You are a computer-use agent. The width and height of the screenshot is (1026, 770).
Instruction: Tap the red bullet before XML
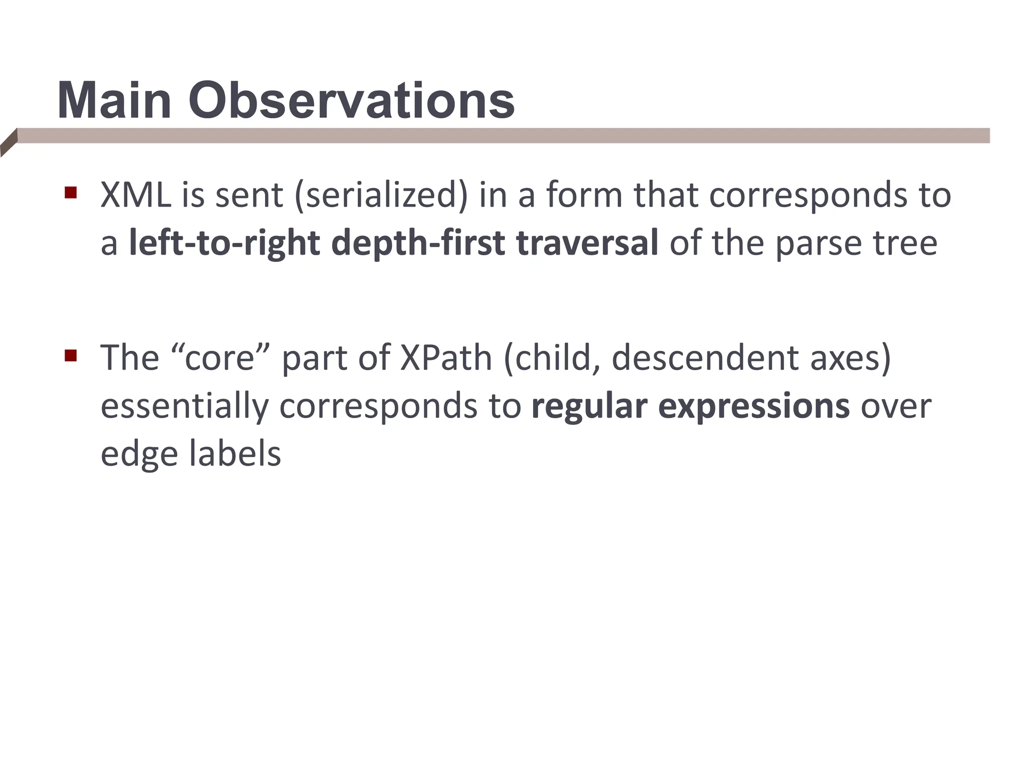pos(71,192)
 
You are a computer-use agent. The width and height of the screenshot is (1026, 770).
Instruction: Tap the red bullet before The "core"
pos(71,356)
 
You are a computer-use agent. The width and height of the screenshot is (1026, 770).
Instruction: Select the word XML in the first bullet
pos(136,195)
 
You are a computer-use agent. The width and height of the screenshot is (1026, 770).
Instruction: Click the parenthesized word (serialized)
pos(381,196)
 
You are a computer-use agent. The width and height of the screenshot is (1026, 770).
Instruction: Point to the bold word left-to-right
pos(224,243)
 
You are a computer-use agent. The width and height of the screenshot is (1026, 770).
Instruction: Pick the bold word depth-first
pos(418,243)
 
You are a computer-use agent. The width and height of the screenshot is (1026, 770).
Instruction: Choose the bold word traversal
pos(587,243)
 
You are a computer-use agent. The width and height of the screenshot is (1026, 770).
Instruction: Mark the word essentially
pos(185,406)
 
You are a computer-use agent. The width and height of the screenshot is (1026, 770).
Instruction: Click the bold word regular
pos(589,406)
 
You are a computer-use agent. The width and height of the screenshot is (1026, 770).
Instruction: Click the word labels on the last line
pos(235,454)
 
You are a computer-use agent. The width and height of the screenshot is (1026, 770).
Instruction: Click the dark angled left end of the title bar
pos(9,143)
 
